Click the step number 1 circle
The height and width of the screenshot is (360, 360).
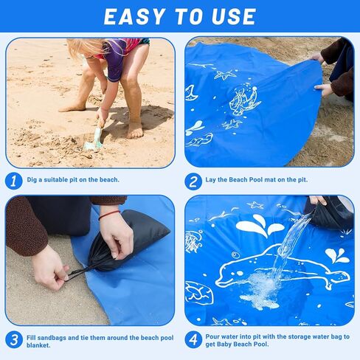14,180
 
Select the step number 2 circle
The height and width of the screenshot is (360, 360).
194,180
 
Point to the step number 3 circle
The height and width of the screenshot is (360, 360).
14,339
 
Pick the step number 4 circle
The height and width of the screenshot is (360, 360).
194,339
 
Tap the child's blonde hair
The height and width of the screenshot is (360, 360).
83,48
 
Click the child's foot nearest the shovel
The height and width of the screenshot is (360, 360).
135,130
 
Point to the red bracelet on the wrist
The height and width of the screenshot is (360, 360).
109,215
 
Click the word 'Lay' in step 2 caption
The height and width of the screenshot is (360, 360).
214,180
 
